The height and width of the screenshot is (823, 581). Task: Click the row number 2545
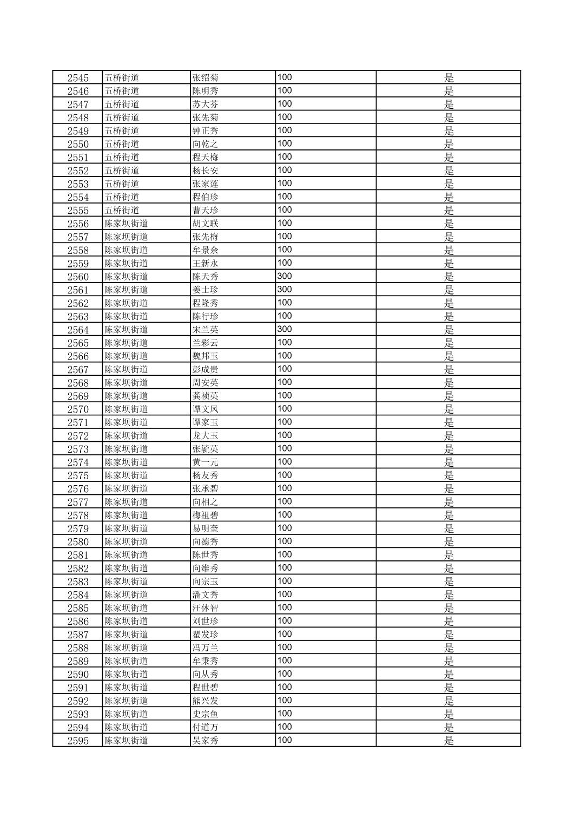(78, 78)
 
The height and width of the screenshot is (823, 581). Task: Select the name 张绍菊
(206, 78)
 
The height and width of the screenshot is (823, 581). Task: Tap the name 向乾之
(206, 144)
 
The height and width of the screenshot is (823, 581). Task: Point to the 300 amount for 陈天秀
(285, 276)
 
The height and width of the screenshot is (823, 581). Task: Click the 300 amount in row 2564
(285, 329)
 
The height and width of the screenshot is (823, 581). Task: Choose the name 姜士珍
(206, 290)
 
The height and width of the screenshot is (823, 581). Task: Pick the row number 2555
(78, 211)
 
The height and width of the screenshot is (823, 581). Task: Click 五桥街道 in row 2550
(122, 144)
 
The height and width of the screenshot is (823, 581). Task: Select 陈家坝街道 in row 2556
(126, 224)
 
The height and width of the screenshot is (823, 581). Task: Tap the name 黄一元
(206, 462)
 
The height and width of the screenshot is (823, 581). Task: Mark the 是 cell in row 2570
(449, 409)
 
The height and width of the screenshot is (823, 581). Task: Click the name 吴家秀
(206, 741)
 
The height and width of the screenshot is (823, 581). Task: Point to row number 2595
(78, 741)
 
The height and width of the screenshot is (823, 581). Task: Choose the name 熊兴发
(206, 701)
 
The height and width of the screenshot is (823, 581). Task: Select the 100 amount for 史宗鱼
(285, 714)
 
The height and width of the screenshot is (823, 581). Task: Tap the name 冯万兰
(206, 648)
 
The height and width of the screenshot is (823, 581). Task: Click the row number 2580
(78, 542)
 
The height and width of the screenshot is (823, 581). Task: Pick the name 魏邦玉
(206, 356)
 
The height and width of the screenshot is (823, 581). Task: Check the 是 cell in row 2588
(449, 648)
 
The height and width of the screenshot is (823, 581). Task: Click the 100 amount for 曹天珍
(285, 210)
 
